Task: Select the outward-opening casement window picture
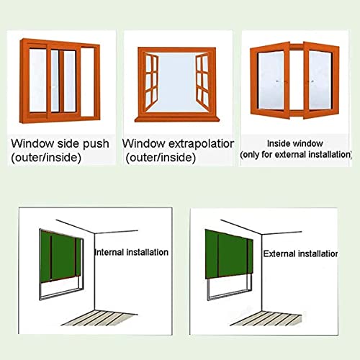point(176,83)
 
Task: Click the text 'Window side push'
point(60,144)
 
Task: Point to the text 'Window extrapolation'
point(179,144)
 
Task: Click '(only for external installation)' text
point(296,155)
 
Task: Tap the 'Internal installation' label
point(132,253)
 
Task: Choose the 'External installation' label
point(300,254)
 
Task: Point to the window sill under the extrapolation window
point(176,118)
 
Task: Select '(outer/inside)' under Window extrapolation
point(162,157)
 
